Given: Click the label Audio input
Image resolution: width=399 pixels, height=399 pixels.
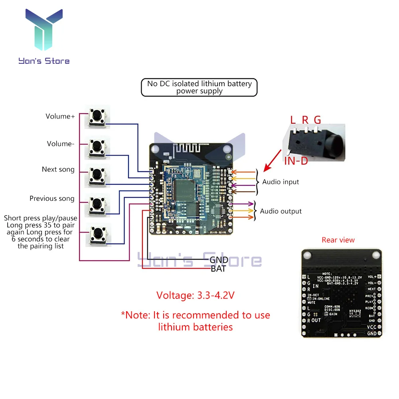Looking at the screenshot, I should [280, 182].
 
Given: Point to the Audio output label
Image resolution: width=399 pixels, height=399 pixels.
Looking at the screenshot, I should [281, 211].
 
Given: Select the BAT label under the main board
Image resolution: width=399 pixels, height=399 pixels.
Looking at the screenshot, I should [218, 269].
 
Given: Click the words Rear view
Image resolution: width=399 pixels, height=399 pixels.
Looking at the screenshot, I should [338, 240].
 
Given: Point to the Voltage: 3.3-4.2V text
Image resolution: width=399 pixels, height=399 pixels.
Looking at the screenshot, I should [195, 295].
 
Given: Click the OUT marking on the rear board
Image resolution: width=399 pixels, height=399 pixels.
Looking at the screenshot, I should [316, 320].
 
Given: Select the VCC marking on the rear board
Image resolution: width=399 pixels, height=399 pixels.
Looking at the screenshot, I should [371, 327].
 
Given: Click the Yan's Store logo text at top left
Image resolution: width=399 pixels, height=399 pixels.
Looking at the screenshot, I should [44, 61].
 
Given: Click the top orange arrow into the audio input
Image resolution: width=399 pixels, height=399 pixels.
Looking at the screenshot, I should [244, 172].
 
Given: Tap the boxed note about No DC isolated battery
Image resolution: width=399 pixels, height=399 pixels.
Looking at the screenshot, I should [199, 87].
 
